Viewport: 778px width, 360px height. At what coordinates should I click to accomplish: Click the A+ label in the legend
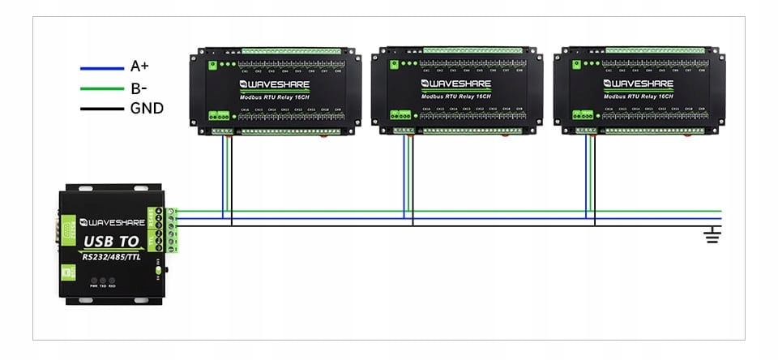[x=139, y=67]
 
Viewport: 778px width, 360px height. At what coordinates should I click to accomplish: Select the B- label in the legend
[x=139, y=88]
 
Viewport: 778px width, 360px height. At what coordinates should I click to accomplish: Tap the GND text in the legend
[x=146, y=108]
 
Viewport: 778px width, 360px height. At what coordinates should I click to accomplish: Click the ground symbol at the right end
[x=712, y=235]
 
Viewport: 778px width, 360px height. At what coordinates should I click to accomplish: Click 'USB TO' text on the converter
[x=111, y=242]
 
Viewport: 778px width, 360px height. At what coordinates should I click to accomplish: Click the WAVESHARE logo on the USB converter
[x=113, y=220]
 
